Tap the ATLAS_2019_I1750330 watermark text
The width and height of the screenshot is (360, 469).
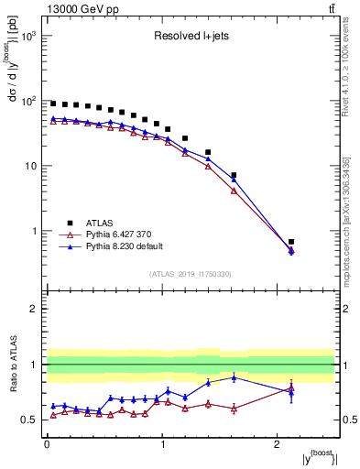pyautogui.click(x=191, y=274)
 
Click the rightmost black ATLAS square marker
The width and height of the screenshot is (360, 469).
pyautogui.click(x=291, y=242)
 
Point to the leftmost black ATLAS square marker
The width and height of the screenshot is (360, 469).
pyautogui.click(x=53, y=104)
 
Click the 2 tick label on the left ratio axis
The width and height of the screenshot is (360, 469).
pyautogui.click(x=33, y=309)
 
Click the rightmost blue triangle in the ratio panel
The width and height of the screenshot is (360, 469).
pyautogui.click(x=291, y=392)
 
